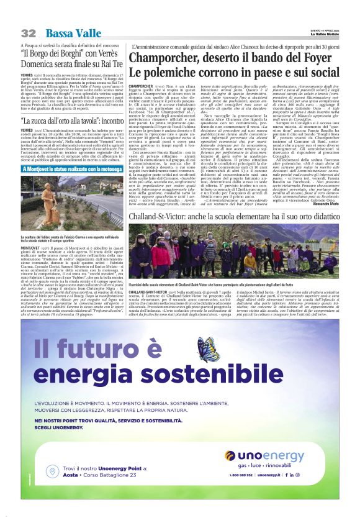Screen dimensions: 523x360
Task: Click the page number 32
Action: coord(29,32)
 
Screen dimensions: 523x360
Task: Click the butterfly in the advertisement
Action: coord(205,347)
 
